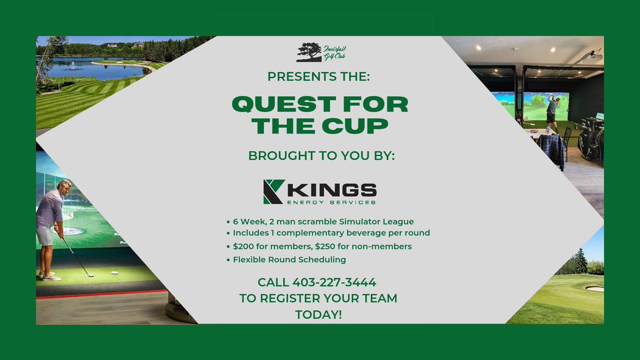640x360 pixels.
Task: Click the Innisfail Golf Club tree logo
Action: (x=309, y=52)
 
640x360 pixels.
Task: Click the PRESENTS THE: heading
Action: (x=318, y=76)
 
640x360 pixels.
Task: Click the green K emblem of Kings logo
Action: (x=274, y=191)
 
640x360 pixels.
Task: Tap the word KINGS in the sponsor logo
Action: (x=333, y=189)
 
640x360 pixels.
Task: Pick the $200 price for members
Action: (x=245, y=246)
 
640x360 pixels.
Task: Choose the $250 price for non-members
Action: (x=340, y=246)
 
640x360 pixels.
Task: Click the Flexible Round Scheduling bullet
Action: (x=290, y=260)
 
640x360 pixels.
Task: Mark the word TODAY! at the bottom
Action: (x=318, y=315)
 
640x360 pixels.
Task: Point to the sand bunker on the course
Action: (x=594, y=289)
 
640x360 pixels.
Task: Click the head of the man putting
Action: (x=65, y=187)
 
